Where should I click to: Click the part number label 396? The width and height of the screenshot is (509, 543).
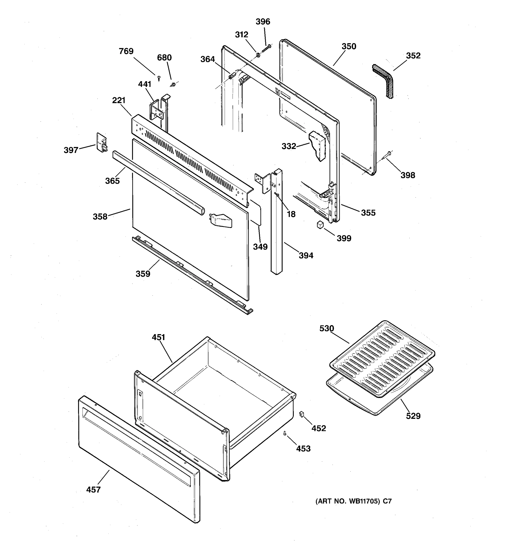click(x=263, y=21)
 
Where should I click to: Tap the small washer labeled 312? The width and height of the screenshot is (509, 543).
click(x=257, y=55)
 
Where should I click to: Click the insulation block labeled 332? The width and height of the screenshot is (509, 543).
click(x=318, y=146)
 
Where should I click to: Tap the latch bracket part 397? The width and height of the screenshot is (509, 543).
click(x=101, y=143)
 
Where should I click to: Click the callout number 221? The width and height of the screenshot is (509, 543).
click(x=119, y=100)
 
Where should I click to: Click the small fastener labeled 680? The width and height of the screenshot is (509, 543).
click(x=173, y=84)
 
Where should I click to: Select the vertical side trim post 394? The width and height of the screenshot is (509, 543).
click(x=277, y=221)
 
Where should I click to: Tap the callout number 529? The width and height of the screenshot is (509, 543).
click(x=413, y=416)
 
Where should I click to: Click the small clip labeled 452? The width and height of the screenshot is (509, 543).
click(x=302, y=414)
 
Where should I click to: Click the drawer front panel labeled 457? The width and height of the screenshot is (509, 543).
click(x=139, y=459)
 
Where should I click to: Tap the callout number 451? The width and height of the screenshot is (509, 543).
click(x=158, y=337)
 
